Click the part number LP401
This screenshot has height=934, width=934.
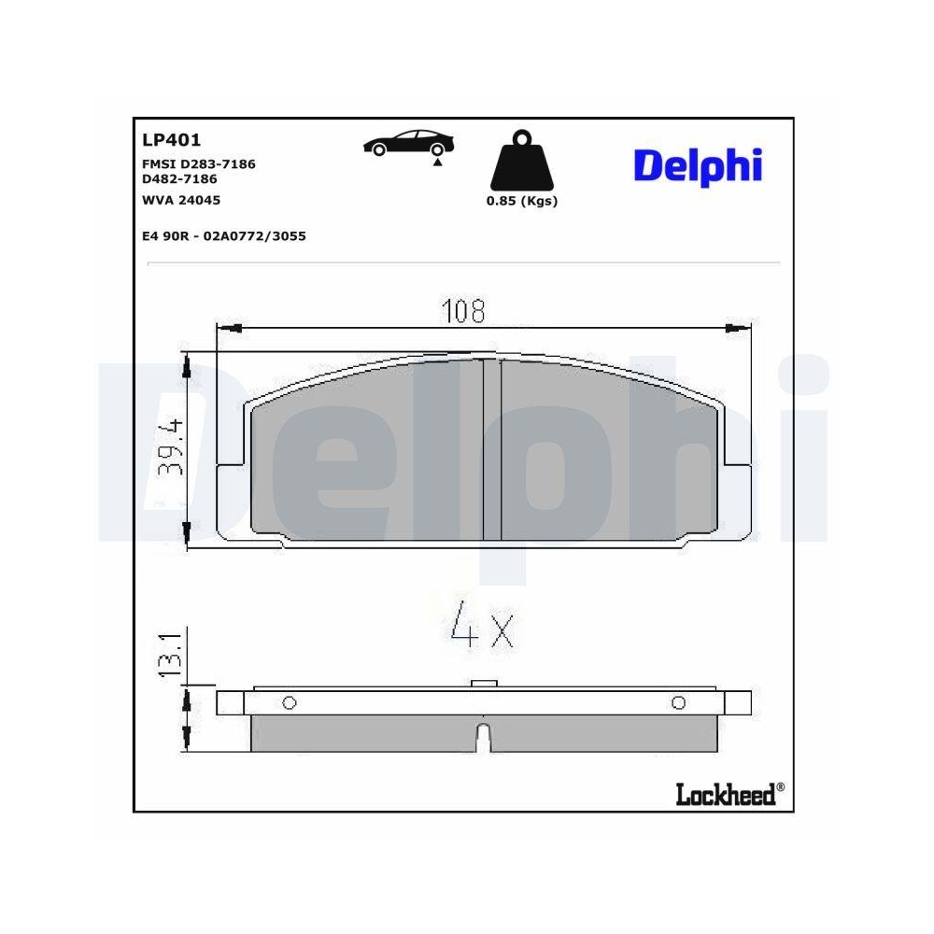(171, 141)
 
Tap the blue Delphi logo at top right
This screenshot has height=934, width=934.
(698, 166)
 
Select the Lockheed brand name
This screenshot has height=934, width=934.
(725, 794)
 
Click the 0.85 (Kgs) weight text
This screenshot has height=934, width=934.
(521, 202)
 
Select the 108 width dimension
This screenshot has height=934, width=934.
(464, 311)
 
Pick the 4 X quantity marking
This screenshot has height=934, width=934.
(482, 629)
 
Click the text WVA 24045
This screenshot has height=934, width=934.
(181, 200)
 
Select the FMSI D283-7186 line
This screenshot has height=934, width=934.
(198, 163)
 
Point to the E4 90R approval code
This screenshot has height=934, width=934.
(223, 236)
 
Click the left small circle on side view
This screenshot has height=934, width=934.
(289, 703)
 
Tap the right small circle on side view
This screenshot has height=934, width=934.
(678, 703)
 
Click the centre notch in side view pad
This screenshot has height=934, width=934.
(483, 737)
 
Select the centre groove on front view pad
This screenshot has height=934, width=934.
(492, 448)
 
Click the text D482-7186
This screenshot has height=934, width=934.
(179, 178)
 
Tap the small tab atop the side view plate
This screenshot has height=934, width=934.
(483, 685)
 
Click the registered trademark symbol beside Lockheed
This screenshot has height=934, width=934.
(781, 787)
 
